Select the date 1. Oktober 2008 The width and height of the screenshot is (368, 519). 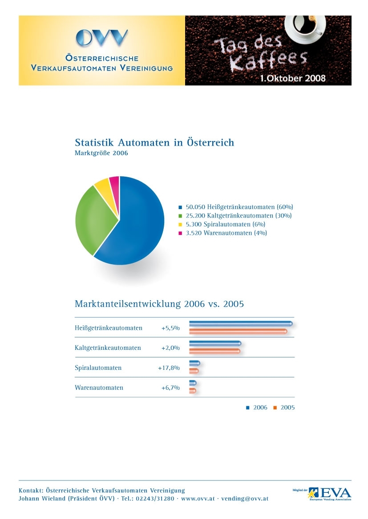(293, 78)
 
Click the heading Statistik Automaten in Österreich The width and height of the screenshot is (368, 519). (154, 143)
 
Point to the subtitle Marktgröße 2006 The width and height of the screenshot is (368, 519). (101, 153)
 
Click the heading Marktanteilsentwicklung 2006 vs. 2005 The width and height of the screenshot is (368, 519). (159, 304)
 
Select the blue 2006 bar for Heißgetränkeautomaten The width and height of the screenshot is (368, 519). (240, 323)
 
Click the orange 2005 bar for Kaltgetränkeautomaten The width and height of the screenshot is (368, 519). (214, 351)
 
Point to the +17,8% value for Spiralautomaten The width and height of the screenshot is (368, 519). (169, 368)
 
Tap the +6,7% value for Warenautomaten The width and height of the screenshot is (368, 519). (170, 388)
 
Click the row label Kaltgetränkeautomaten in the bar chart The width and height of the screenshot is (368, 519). (108, 348)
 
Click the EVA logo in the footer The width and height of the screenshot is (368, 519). (334, 493)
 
